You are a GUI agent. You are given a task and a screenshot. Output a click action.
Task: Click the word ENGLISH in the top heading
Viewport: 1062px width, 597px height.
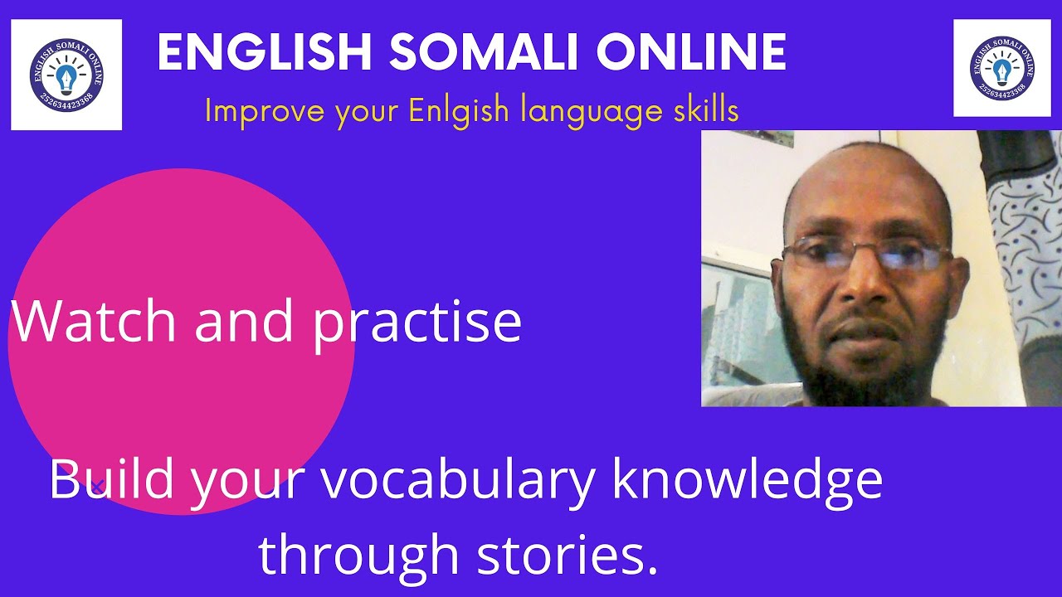pyautogui.click(x=265, y=54)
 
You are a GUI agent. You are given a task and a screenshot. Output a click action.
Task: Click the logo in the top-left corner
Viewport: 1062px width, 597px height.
pyautogui.click(x=66, y=75)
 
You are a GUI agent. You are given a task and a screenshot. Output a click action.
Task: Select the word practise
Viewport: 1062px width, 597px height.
pyautogui.click(x=417, y=323)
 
